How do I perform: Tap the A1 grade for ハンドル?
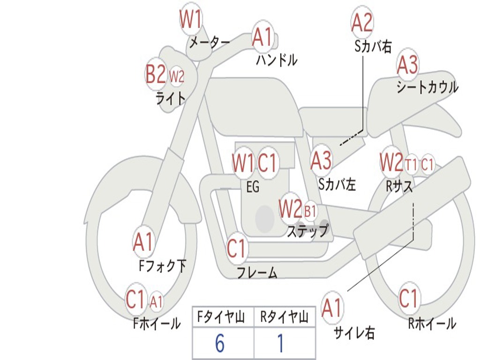click(262, 37)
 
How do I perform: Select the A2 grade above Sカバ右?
click(362, 22)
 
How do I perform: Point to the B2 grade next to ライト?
click(156, 74)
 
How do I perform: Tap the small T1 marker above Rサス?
click(411, 165)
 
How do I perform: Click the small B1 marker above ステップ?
click(310, 211)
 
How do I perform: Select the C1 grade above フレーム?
click(236, 248)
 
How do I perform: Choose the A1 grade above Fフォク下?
click(143, 242)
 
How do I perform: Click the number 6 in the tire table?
click(219, 344)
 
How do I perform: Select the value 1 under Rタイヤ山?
click(280, 344)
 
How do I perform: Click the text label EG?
click(252, 187)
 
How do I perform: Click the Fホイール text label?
click(157, 323)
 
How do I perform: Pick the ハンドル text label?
click(277, 60)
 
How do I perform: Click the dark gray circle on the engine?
click(265, 218)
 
